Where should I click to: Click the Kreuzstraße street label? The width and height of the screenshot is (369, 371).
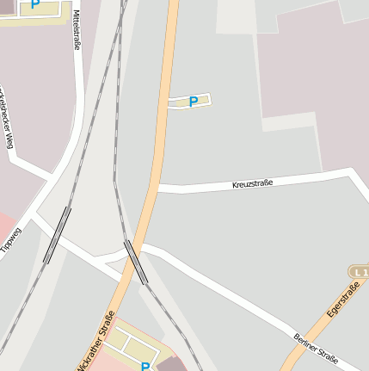tap(252, 183)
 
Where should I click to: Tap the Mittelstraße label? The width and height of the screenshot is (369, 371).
tap(77, 30)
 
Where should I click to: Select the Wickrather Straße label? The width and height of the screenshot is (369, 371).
tap(95, 341)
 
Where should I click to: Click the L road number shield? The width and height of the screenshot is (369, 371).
tap(360, 272)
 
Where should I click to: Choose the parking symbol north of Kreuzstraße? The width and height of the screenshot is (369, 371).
tap(194, 102)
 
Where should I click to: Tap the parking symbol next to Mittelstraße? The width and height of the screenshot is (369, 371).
tap(35, 4)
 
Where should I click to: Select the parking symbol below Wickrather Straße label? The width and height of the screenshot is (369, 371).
tap(145, 366)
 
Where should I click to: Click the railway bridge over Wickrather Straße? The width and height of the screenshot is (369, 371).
tap(136, 262)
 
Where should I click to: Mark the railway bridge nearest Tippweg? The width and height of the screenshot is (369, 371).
tap(57, 234)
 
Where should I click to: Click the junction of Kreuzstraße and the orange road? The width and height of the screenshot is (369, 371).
tap(156, 187)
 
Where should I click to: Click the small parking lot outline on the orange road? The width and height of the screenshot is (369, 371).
tap(189, 102)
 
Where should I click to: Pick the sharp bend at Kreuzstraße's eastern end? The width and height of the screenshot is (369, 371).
tap(351, 172)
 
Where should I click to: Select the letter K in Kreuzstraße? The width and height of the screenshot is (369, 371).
tap(235, 186)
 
